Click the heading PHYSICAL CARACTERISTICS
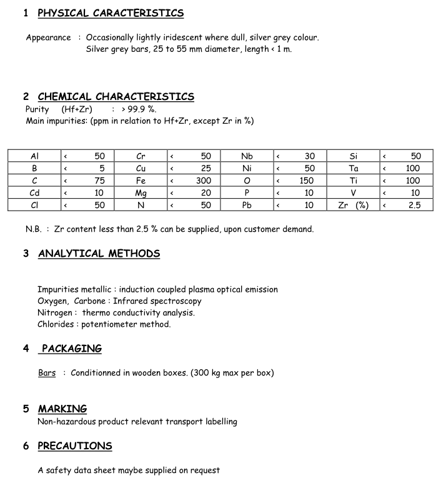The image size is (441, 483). [x=111, y=13]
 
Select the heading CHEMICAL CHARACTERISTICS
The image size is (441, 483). [x=116, y=96]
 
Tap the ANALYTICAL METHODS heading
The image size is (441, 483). [x=99, y=254]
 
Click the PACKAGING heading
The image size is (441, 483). [x=71, y=349]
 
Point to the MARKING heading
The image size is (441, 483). [x=62, y=409]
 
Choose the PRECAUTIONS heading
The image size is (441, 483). [x=75, y=446]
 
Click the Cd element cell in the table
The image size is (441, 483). [x=34, y=193]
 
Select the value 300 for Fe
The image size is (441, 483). [x=204, y=181]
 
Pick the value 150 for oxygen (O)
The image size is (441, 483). [x=306, y=181]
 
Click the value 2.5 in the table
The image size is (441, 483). [x=415, y=205]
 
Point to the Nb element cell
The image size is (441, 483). [x=247, y=156]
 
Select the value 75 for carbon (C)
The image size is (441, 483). [x=99, y=181]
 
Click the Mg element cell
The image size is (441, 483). [x=141, y=193]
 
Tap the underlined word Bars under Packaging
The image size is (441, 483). [x=47, y=373]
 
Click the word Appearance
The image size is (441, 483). [x=49, y=37]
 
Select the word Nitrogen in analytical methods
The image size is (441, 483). [x=56, y=312]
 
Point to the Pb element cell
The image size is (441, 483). [x=247, y=205]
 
